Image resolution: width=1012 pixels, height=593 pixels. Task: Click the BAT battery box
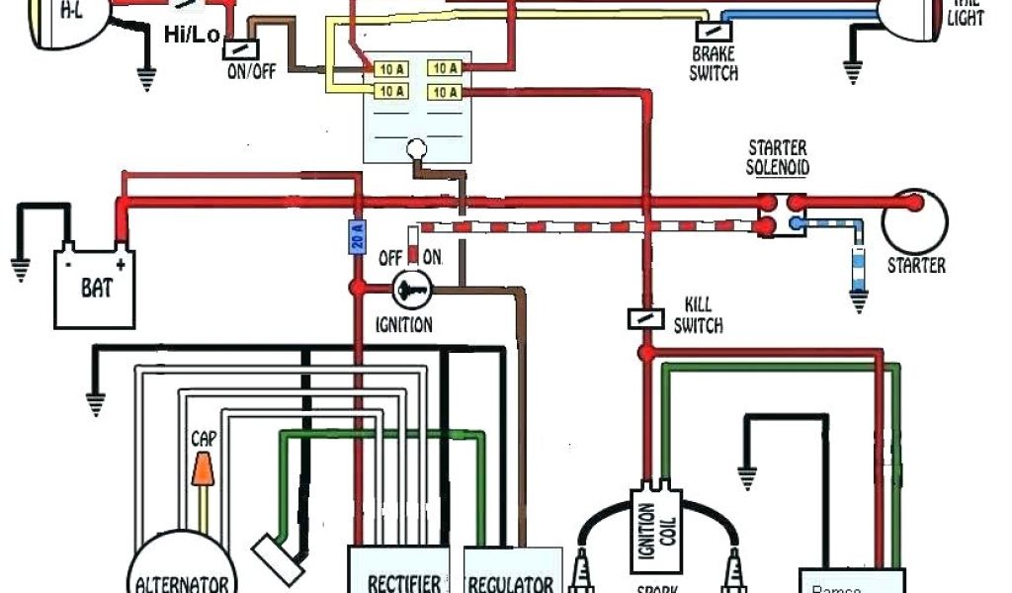pos(95,289)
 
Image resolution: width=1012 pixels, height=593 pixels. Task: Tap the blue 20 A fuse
pos(358,236)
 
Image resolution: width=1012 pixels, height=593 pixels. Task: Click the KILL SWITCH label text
pos(698,315)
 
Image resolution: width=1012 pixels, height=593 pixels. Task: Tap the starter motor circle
pos(914,220)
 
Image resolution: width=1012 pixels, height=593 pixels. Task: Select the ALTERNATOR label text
pos(184,583)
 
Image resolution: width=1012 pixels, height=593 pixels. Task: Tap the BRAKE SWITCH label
pos(714,63)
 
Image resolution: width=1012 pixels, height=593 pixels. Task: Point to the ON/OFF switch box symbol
pos(240,46)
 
